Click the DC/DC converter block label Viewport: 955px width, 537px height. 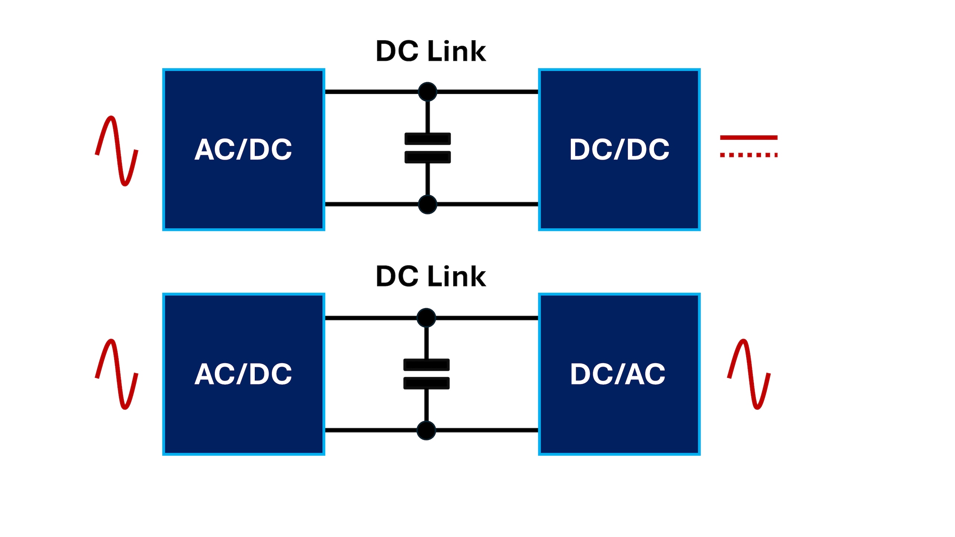[619, 150]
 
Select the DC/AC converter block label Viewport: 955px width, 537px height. [618, 374]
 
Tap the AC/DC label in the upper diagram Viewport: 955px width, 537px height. [243, 150]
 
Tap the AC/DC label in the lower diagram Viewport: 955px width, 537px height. [243, 374]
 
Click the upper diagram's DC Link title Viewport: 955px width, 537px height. [431, 51]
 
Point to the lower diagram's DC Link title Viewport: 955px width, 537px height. [431, 276]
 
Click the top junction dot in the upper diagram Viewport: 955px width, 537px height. [428, 92]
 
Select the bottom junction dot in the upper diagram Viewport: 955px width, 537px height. [428, 204]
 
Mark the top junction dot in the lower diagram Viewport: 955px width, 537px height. [426, 318]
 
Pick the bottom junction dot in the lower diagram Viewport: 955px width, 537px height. [426, 430]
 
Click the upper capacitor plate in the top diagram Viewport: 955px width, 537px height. [428, 139]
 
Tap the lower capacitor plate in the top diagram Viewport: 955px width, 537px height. [428, 157]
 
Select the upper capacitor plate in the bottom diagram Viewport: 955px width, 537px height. [426, 365]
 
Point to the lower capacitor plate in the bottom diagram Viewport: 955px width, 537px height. [426, 383]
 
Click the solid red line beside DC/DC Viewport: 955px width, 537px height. [748, 138]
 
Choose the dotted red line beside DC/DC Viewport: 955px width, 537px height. [748, 155]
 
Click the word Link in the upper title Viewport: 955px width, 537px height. [457, 51]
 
